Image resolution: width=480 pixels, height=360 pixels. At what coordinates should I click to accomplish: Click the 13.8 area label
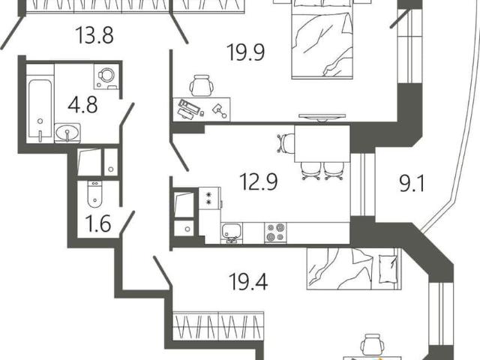(94, 35)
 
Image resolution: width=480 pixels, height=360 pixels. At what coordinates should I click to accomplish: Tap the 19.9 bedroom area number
(245, 52)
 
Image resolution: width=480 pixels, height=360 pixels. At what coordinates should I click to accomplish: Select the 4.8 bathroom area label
(82, 104)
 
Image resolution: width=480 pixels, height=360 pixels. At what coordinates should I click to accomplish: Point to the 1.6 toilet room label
(98, 223)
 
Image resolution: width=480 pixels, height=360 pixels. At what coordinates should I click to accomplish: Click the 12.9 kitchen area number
(258, 181)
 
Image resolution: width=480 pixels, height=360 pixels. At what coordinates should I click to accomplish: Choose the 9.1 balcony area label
(412, 184)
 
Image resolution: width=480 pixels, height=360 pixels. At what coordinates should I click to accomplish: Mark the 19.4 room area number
(248, 282)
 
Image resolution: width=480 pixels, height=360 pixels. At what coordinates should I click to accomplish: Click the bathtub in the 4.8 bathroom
(40, 109)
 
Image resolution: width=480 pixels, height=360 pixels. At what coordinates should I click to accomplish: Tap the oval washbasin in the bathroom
(67, 133)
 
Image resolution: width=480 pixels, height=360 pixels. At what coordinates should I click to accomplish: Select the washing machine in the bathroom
(106, 76)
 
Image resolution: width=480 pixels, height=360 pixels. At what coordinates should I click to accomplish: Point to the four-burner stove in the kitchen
(275, 232)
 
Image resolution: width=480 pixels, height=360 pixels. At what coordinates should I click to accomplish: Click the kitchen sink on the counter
(232, 232)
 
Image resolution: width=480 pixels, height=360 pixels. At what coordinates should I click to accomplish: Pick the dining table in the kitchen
(322, 143)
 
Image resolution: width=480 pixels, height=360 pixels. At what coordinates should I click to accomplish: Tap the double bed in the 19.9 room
(322, 40)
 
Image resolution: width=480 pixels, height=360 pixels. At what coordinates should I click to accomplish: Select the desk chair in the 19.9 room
(201, 85)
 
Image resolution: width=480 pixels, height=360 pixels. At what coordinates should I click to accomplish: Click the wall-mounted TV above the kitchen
(322, 117)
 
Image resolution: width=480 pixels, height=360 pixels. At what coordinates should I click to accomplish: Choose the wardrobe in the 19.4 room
(218, 325)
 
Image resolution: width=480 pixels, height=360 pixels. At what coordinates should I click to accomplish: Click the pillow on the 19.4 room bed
(388, 268)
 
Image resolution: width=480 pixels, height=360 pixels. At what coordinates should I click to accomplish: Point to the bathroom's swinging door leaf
(127, 114)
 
